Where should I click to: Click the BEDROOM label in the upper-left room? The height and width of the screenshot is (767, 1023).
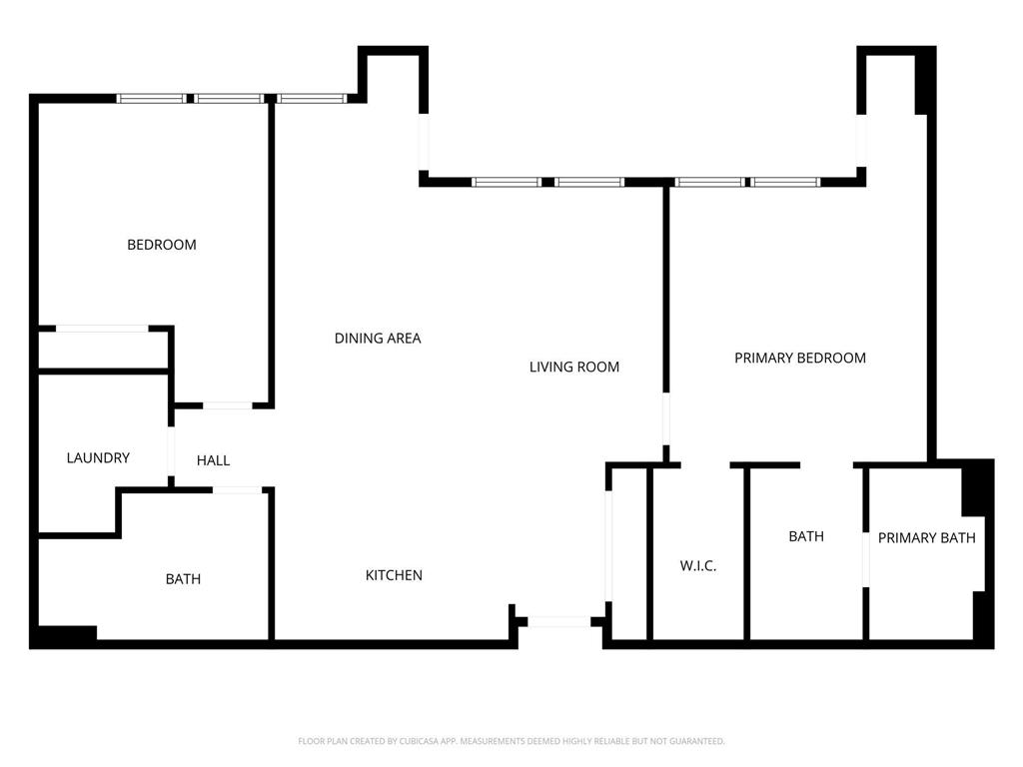point(161,245)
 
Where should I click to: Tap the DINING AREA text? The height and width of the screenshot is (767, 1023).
point(378,339)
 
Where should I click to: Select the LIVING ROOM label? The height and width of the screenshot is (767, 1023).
point(573,367)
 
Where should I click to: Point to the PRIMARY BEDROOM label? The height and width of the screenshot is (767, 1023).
point(799,358)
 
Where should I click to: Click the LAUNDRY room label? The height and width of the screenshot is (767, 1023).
point(98,458)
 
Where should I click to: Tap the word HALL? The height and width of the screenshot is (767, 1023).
point(213,460)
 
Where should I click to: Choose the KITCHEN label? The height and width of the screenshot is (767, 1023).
point(394,575)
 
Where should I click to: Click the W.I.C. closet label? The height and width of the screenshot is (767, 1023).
point(698,566)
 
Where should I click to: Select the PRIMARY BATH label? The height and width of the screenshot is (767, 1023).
point(926,538)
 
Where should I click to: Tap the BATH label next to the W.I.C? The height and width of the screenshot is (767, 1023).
point(806,536)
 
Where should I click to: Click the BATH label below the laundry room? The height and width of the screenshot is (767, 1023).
point(183,579)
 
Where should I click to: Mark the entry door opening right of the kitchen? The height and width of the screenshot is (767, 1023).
point(558,621)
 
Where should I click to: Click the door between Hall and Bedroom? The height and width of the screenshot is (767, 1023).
point(228,405)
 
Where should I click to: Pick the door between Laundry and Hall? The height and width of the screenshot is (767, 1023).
point(172,452)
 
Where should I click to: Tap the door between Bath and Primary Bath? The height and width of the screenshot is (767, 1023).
point(865,559)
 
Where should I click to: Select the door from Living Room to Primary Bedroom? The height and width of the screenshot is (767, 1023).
point(666,426)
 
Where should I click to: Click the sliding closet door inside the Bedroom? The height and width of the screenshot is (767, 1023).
point(102,328)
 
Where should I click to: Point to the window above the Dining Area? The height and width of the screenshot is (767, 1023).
point(311,98)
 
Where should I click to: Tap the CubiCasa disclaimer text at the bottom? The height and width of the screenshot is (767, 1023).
point(511,741)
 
